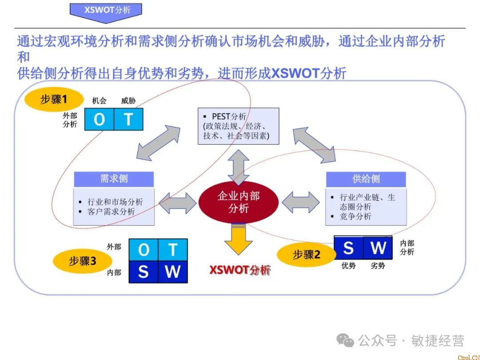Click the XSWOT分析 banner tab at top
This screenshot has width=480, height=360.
pos(106,10)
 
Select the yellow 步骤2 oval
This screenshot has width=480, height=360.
pos(306,255)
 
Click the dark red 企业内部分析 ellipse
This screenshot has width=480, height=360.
pos(238,202)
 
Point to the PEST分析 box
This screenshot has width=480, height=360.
pos(238,126)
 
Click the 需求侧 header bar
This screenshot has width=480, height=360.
pos(114,179)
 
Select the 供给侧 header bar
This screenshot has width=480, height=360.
pos(366,179)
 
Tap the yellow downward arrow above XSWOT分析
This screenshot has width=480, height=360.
pos(238,240)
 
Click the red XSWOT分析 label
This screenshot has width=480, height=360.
pos(240,270)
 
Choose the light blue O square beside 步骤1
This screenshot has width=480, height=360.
pos(99,119)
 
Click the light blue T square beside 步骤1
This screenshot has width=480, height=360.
pos(128,119)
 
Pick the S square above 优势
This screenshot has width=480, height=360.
pos(348,248)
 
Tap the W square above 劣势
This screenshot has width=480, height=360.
pos(378,248)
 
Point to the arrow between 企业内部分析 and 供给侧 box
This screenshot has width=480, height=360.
pos(300,202)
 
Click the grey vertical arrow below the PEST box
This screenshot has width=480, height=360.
pos(239,167)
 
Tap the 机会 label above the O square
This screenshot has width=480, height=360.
pos(99,101)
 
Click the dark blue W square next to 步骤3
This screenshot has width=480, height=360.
pos(172,272)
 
